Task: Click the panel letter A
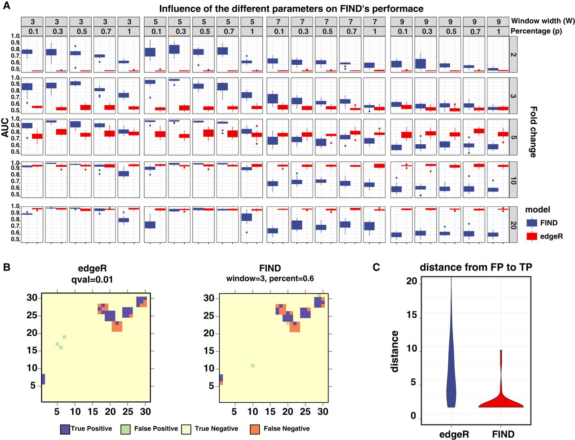(x=6, y=5)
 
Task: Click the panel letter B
(x=6, y=267)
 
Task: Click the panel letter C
(x=376, y=267)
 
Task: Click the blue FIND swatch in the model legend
(x=531, y=223)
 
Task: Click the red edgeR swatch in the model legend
(x=531, y=236)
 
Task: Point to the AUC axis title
(x=5, y=128)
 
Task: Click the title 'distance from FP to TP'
(x=476, y=267)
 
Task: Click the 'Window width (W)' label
(x=543, y=21)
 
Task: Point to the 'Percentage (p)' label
(x=536, y=31)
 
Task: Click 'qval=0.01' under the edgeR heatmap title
(x=92, y=280)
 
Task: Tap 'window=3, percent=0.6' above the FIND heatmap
(x=270, y=278)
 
